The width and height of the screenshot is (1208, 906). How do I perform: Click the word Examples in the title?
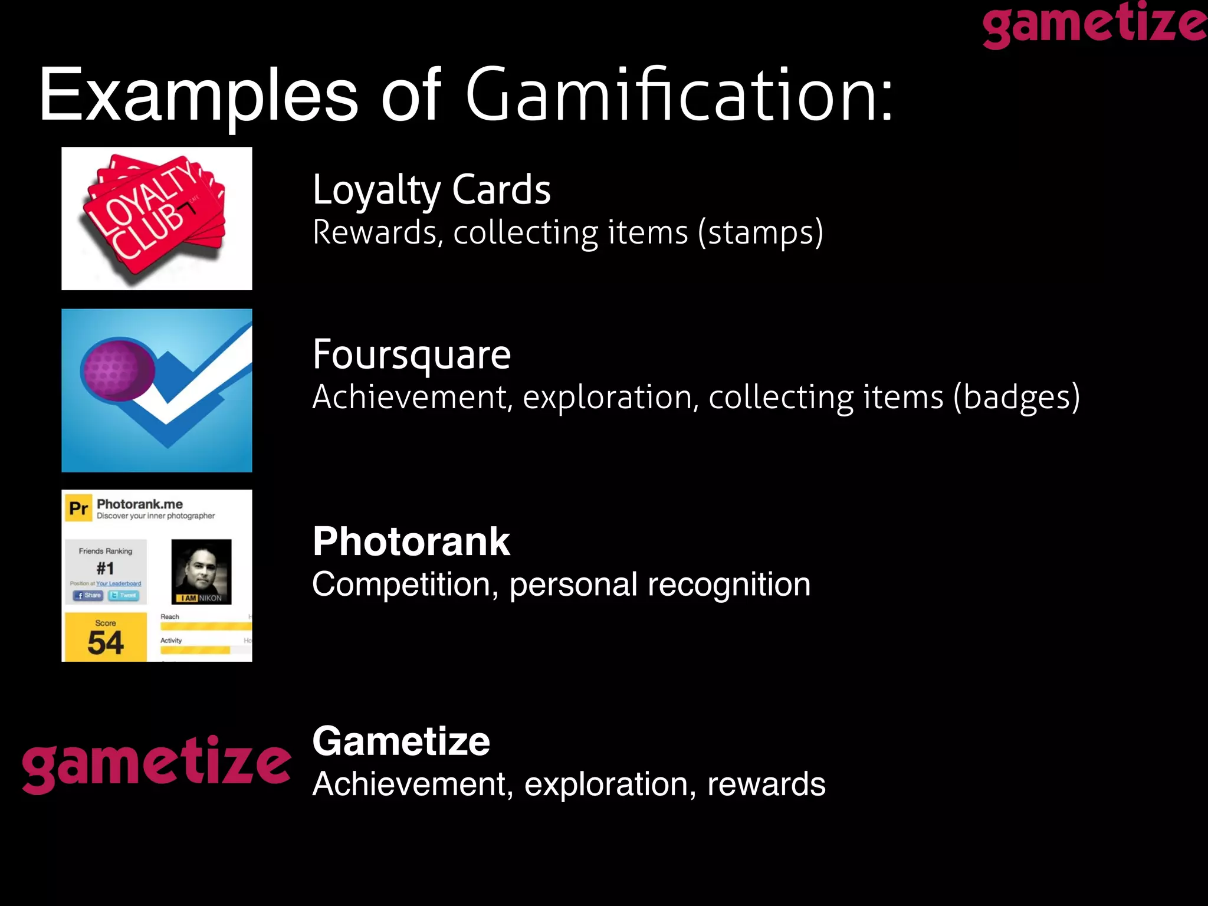[x=198, y=96]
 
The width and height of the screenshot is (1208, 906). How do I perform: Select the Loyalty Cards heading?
[x=431, y=190]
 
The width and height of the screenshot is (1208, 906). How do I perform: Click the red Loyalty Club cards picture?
[x=156, y=218]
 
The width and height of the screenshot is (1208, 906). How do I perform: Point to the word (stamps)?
[x=760, y=232]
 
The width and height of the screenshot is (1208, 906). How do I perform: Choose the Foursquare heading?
[x=412, y=355]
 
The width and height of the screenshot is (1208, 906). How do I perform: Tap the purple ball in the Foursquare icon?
[x=117, y=369]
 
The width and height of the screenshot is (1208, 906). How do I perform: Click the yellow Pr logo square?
[x=78, y=508]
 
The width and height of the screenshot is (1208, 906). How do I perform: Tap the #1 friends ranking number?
[x=105, y=568]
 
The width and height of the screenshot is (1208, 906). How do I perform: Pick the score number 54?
[x=106, y=642]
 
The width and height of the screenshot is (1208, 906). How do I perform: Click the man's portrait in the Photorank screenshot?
[x=201, y=570]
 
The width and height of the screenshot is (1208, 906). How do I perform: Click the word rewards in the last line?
[x=766, y=784]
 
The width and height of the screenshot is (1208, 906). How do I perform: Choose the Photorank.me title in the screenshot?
[x=140, y=504]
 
